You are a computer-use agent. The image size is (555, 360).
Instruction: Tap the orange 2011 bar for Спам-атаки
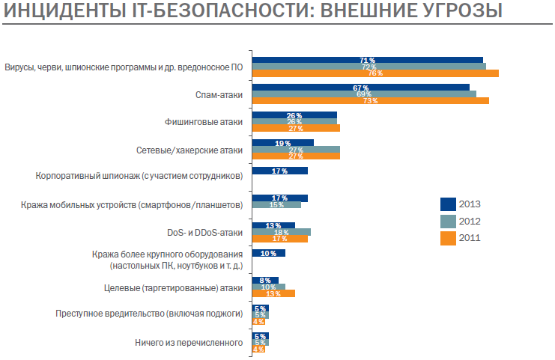pos(371,101)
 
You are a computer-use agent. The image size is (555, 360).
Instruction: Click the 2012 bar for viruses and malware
pos(369,67)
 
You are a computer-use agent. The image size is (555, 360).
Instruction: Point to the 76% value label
pos(375,73)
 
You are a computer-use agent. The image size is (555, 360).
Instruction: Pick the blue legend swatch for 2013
pos(448,204)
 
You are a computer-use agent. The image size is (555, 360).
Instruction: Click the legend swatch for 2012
pos(448,222)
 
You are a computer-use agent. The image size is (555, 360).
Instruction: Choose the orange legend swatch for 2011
pos(448,239)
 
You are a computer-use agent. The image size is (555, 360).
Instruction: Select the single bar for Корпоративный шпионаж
pos(280,171)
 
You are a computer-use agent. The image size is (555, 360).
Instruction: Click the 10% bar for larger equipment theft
pos(269,253)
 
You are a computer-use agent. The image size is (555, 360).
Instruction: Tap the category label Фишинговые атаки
pos(204,122)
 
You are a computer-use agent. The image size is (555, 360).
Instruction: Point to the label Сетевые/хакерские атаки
pos(189,150)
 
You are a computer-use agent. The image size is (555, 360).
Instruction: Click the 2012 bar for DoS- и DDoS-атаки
pos(282,232)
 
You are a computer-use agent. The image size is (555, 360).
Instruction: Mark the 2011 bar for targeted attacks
pos(273,293)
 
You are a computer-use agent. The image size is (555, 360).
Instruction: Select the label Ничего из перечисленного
pos(189,343)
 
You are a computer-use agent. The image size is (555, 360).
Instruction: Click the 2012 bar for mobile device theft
pos(276,204)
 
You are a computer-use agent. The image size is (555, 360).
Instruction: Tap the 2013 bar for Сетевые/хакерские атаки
pos(283,142)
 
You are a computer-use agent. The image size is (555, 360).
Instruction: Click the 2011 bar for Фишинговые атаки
pos(296,128)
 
